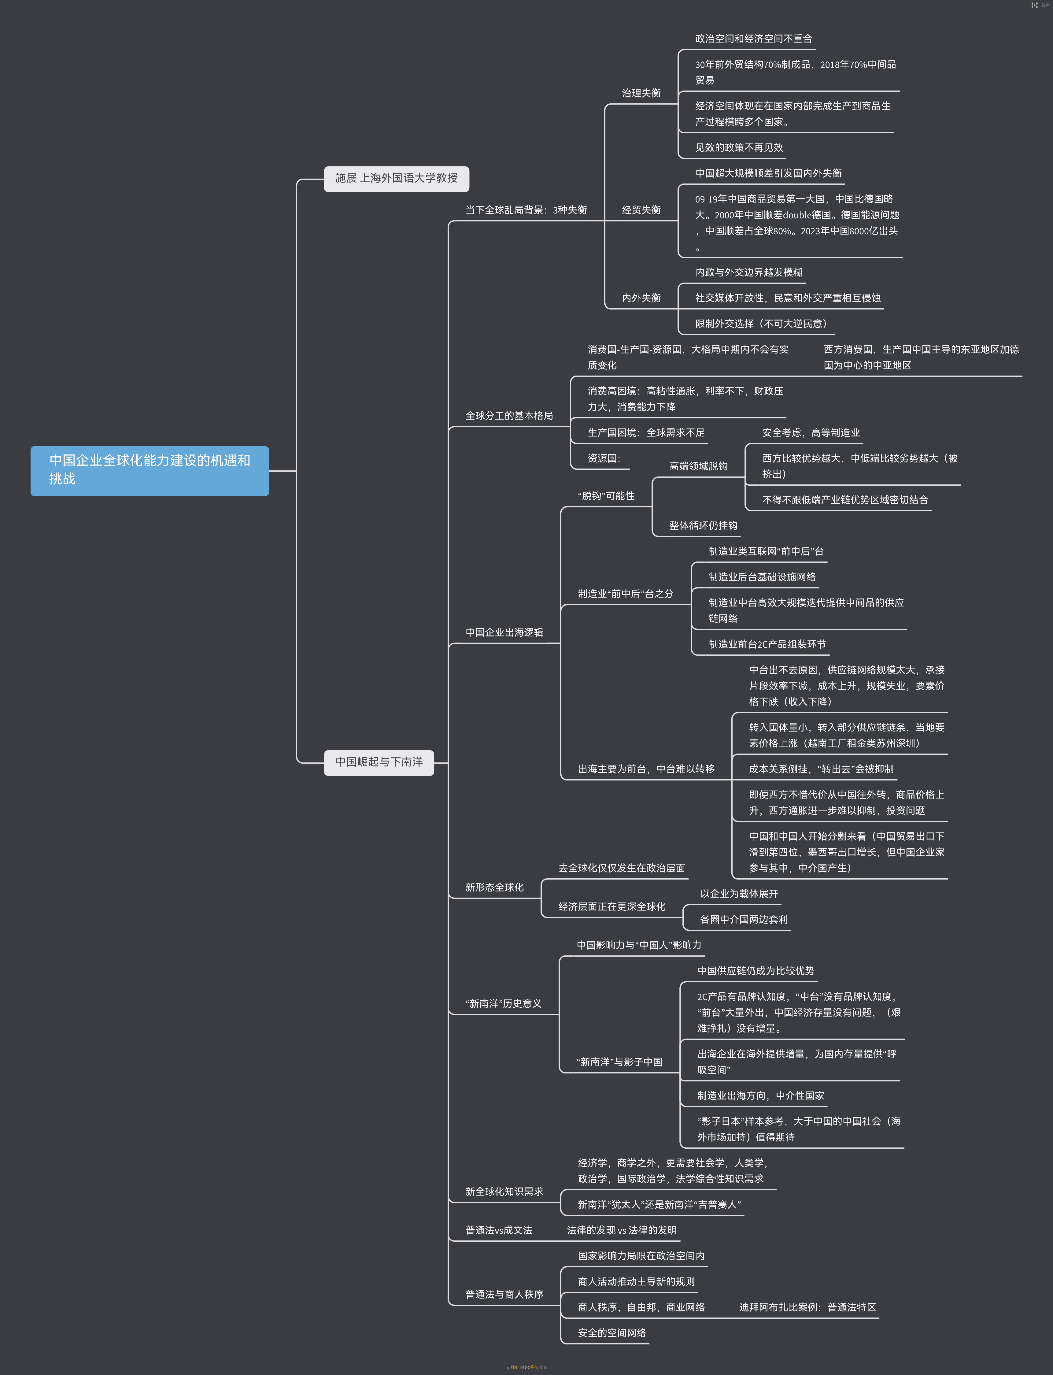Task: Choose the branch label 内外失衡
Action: point(641,298)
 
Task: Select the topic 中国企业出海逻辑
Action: point(504,632)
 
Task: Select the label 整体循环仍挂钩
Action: point(703,525)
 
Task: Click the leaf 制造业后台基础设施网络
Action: point(762,577)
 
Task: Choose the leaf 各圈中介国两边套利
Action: point(743,919)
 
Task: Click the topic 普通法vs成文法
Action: point(498,1230)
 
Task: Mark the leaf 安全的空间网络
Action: point(611,1333)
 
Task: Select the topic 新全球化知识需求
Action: point(504,1191)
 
